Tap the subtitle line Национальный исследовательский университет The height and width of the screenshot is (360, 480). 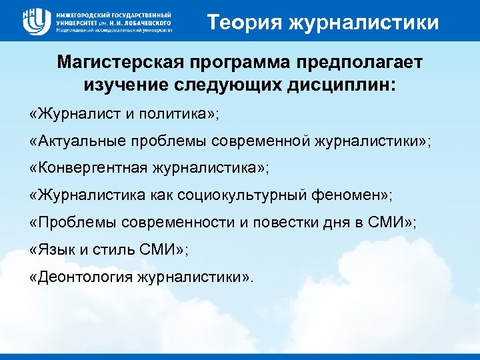114,31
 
